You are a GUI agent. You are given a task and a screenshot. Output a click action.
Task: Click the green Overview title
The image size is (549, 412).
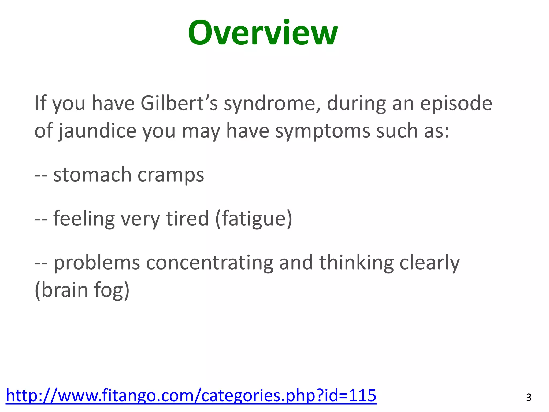coord(263,33)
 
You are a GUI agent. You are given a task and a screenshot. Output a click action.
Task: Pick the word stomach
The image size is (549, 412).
coord(92,175)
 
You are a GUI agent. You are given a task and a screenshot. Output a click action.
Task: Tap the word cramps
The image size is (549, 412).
coord(171,175)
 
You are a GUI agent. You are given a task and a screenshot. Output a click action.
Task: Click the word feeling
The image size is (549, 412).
coord(84,218)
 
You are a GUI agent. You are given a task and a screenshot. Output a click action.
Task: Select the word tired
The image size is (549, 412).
coord(187,218)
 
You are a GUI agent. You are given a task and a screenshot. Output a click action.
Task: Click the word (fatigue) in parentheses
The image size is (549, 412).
coord(254,219)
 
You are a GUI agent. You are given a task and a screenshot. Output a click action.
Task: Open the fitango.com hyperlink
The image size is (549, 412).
coord(191,395)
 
